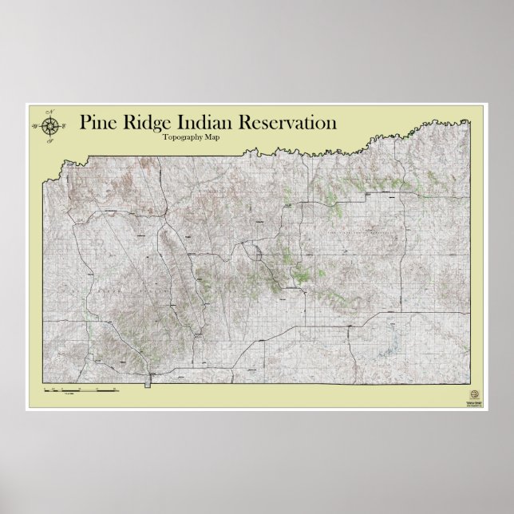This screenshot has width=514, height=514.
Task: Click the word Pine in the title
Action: pyautogui.click(x=97, y=124)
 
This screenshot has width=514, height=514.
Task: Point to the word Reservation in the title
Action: pyautogui.click(x=287, y=124)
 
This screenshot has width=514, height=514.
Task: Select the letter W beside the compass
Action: pyautogui.click(x=35, y=125)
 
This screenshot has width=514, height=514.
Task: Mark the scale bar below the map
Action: pyautogui.click(x=80, y=390)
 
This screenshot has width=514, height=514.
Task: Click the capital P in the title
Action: pyautogui.click(x=85, y=124)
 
